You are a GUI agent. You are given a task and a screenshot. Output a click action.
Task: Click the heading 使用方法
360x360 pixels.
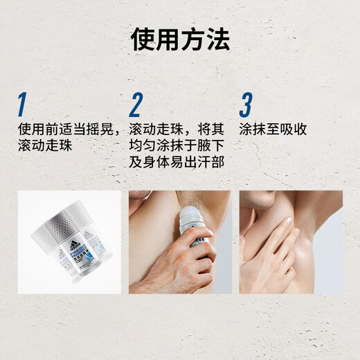point(180,39)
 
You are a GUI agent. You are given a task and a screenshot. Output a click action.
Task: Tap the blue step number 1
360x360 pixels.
point(22,105)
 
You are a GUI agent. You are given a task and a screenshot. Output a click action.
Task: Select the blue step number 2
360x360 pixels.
point(136,105)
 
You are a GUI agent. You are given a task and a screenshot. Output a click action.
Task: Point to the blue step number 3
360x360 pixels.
point(246,105)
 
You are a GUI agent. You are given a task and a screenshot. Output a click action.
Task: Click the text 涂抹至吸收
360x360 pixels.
point(273,129)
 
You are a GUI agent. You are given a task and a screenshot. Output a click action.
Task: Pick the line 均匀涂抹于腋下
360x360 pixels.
point(177,145)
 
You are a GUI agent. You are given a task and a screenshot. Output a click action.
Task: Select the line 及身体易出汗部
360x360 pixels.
point(177,162)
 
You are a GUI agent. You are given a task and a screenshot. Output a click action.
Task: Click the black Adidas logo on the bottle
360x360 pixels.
point(75,246)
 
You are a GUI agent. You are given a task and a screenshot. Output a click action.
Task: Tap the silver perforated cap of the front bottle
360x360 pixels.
point(60,224)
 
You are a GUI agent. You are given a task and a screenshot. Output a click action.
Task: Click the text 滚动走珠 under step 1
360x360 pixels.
point(45,145)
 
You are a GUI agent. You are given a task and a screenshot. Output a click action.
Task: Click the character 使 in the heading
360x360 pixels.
point(143,39)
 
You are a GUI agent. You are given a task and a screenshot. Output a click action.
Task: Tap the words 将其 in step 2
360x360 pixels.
point(210,129)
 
